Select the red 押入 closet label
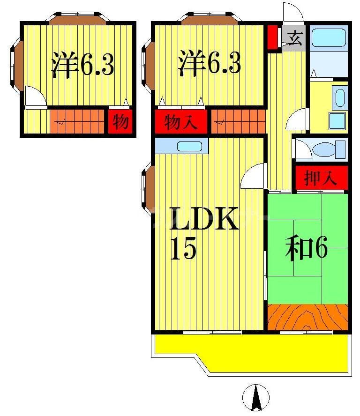pos(321,178)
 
